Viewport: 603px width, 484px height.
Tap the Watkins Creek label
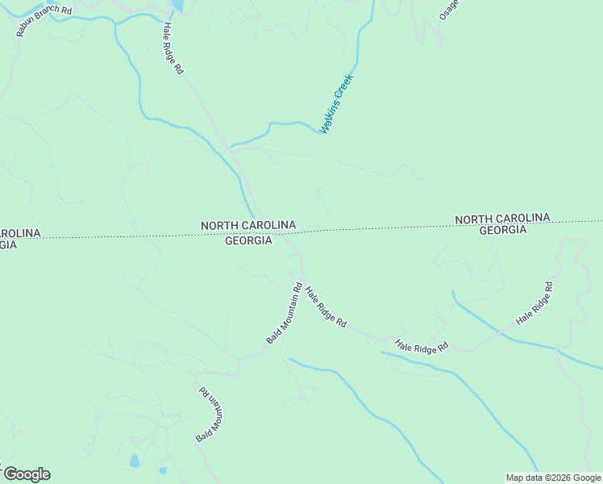tap(336, 103)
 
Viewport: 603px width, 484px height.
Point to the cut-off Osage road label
tap(448, 10)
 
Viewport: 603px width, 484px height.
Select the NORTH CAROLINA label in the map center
tap(248, 225)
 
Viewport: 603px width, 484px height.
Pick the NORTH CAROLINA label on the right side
tap(502, 219)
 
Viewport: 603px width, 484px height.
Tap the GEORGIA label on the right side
tap(502, 230)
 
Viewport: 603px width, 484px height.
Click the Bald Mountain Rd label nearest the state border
tap(284, 314)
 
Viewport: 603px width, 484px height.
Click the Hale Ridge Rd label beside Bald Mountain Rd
tap(326, 306)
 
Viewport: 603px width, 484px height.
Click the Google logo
tap(27, 474)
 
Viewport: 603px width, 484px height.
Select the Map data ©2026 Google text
tap(554, 478)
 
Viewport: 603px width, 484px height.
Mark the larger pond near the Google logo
tap(135, 462)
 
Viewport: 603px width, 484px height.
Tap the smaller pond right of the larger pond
tap(163, 470)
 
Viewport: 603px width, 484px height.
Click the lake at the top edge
tap(177, 6)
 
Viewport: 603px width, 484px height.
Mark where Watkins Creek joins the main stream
tap(232, 147)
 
